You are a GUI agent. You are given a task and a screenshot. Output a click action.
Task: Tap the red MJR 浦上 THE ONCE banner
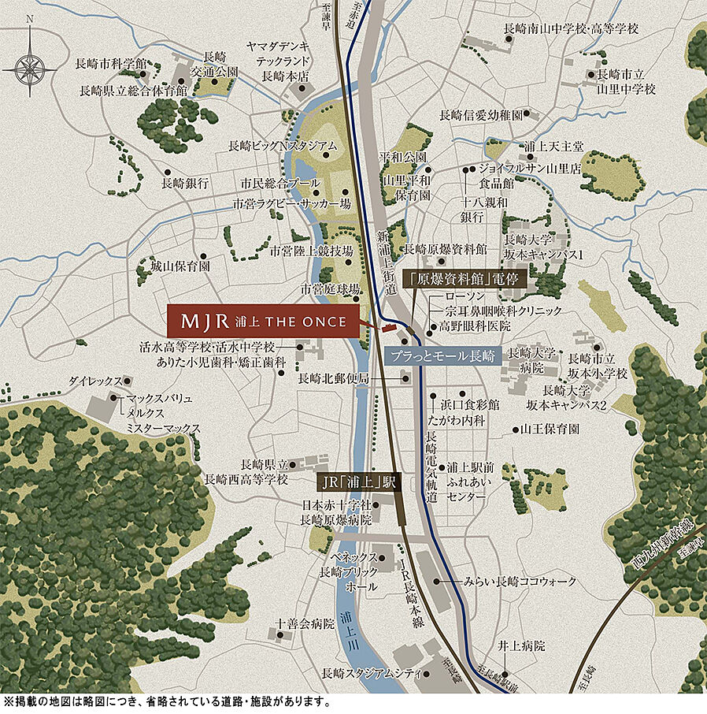(263, 322)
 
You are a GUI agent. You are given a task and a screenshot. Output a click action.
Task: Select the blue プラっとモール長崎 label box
(444, 356)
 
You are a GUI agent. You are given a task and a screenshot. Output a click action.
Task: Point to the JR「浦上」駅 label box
(357, 481)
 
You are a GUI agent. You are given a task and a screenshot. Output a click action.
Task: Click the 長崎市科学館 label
(111, 63)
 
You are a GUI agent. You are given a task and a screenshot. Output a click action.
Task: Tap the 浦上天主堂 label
(554, 147)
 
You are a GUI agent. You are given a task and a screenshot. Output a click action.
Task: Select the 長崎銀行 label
(185, 183)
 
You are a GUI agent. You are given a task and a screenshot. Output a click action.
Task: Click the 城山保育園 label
(180, 266)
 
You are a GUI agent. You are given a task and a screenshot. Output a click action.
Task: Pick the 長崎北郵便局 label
(334, 379)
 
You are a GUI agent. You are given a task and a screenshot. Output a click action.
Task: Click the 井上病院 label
(521, 645)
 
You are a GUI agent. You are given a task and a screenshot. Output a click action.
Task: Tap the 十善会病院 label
(305, 623)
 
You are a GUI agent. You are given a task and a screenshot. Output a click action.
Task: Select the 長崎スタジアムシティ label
(367, 674)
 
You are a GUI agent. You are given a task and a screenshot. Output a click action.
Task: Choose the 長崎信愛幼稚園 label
(481, 115)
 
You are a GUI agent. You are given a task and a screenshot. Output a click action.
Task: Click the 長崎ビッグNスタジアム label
(283, 146)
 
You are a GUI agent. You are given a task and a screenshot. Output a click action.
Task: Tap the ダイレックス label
(95, 380)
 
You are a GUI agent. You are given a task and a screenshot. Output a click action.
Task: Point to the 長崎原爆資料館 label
(446, 249)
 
